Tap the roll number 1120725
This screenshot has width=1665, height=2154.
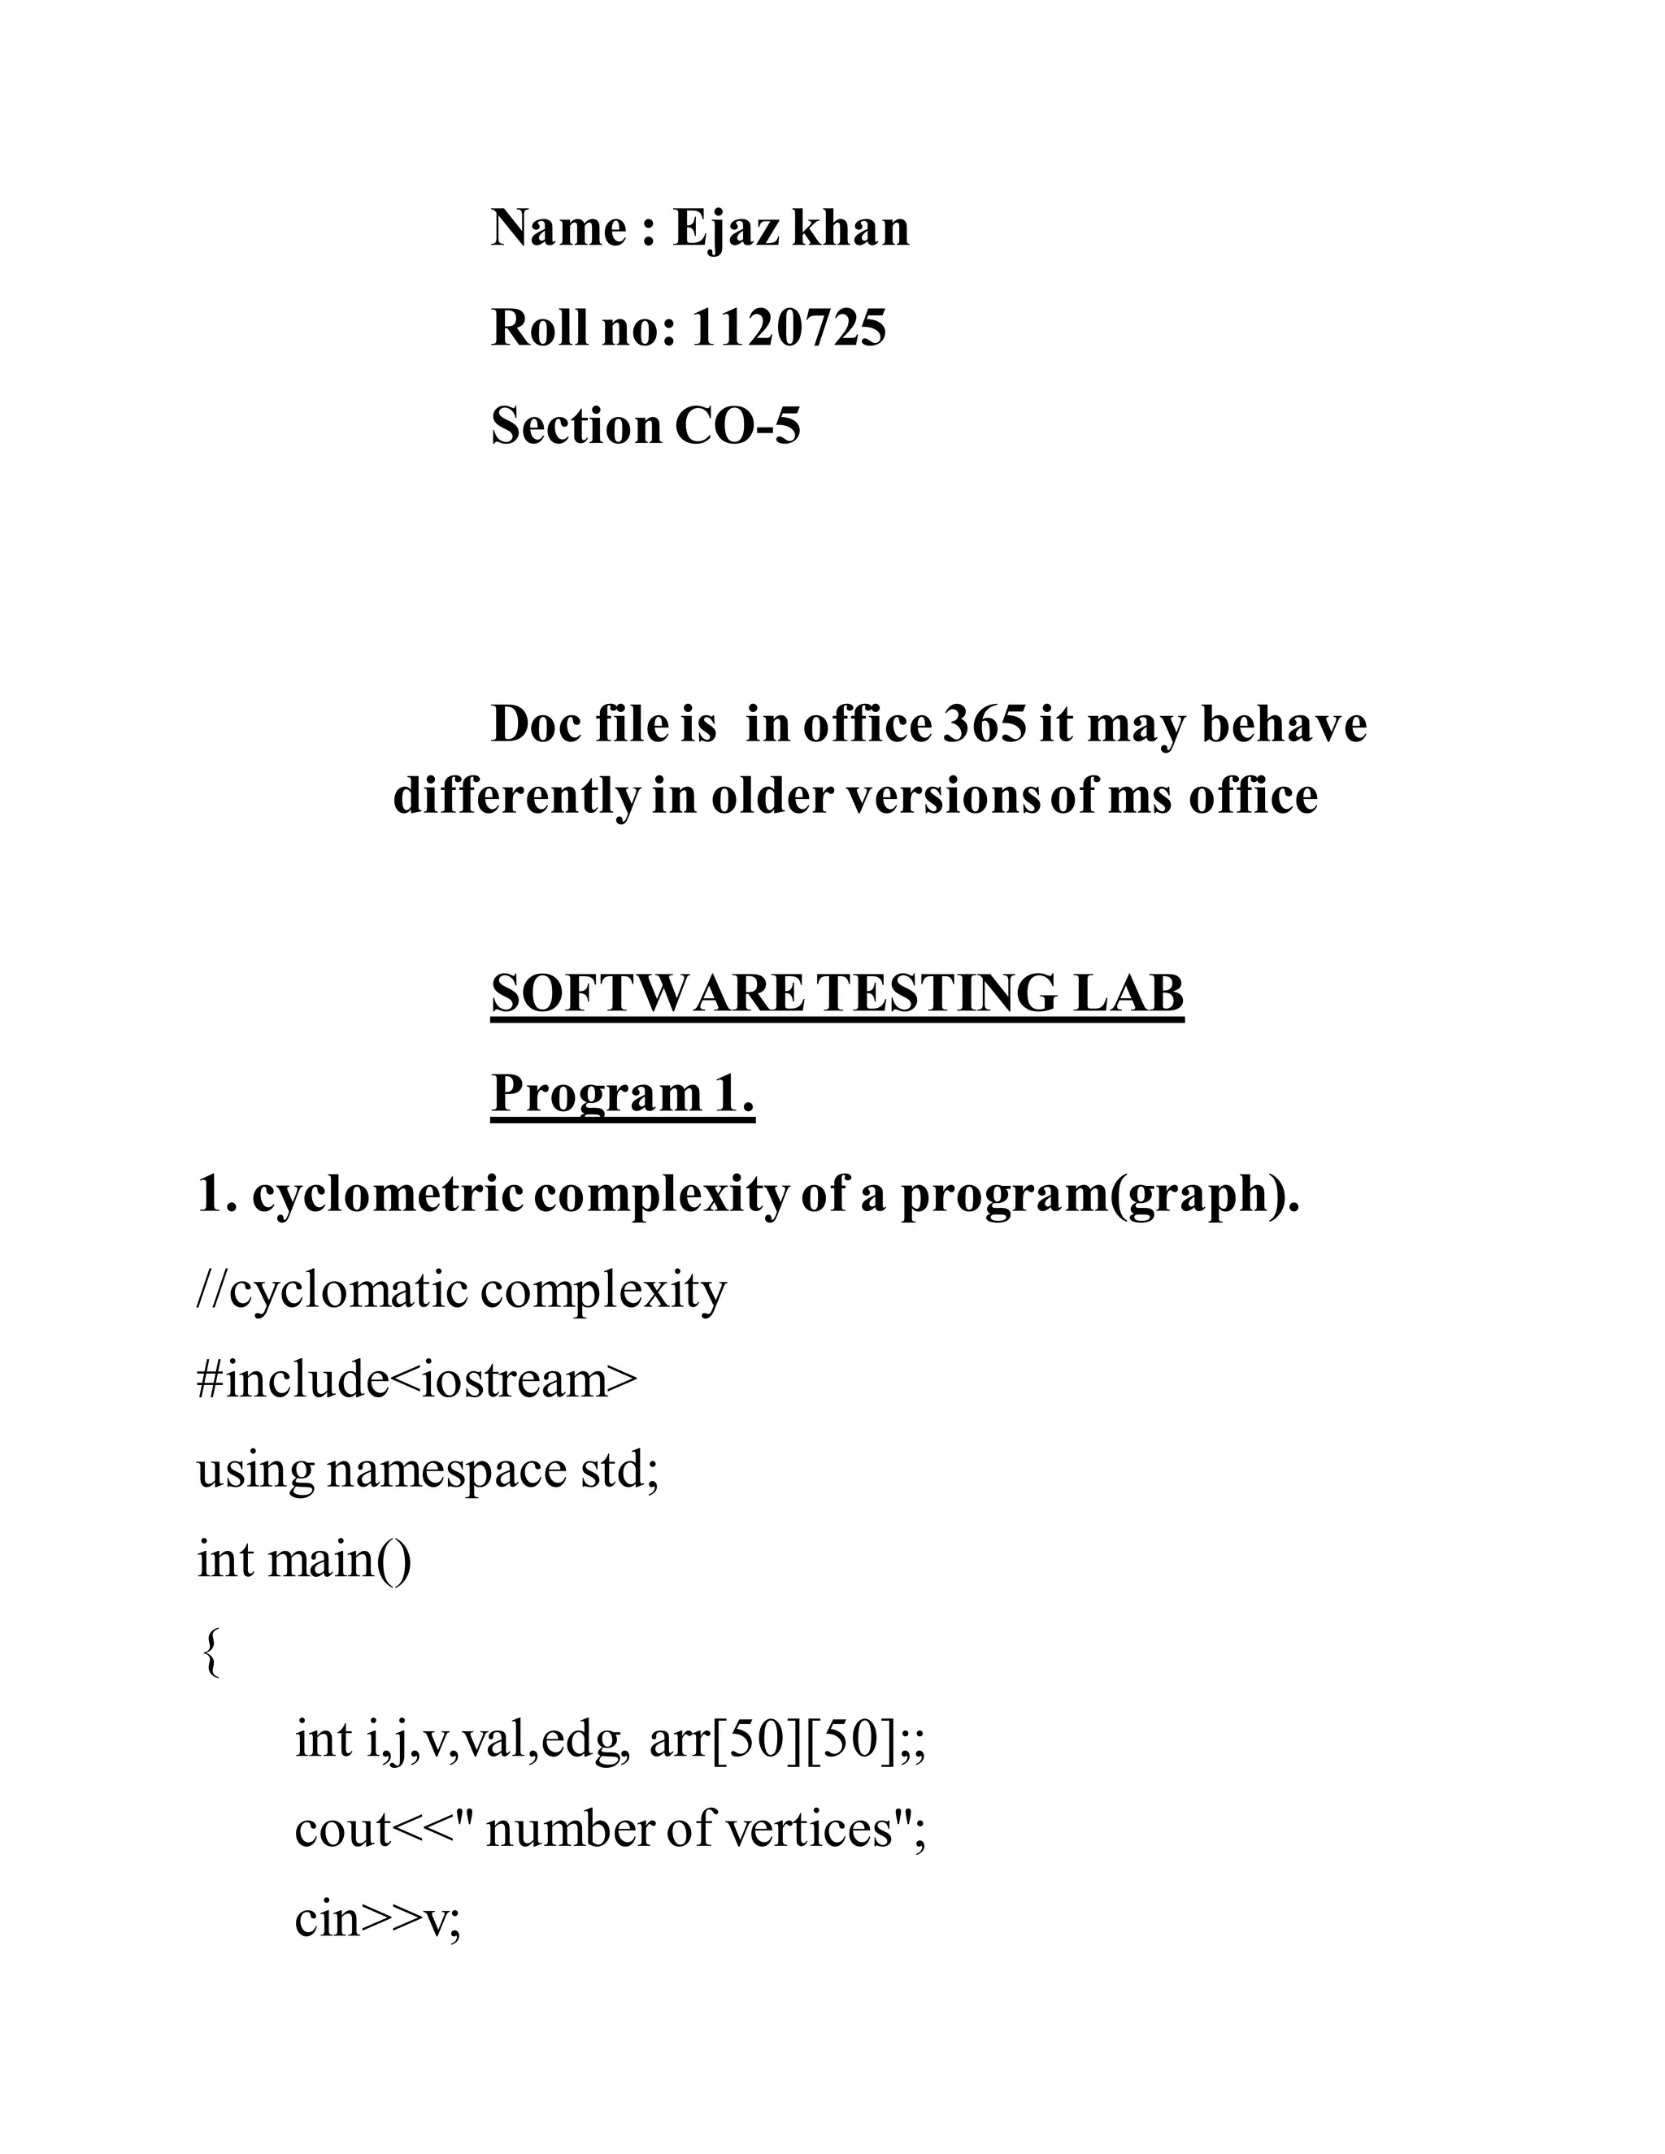788,328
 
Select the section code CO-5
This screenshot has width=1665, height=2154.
738,426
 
